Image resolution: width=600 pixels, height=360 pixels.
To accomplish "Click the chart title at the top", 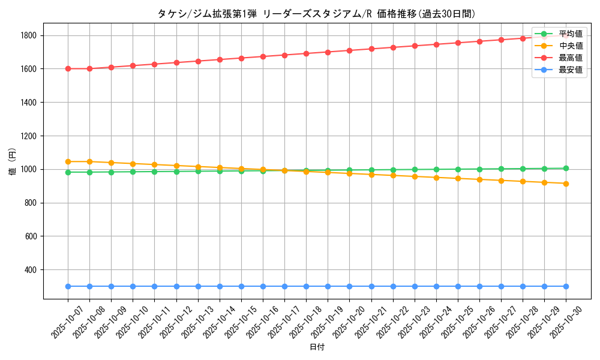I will click(316, 14).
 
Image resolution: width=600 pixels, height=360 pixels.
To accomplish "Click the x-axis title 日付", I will click(317, 347).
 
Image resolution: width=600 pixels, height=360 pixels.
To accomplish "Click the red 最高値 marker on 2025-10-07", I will click(68, 68).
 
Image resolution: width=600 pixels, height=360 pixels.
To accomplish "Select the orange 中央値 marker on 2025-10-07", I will click(68, 161).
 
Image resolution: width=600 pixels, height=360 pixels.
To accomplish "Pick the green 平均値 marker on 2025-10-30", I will click(566, 169).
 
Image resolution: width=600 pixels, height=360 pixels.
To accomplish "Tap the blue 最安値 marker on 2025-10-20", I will click(349, 286).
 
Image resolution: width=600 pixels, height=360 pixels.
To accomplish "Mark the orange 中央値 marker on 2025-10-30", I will click(566, 184).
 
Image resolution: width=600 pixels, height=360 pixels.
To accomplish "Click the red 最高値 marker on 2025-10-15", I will click(241, 58).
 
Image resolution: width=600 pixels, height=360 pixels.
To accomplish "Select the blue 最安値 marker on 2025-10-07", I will click(68, 286).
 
